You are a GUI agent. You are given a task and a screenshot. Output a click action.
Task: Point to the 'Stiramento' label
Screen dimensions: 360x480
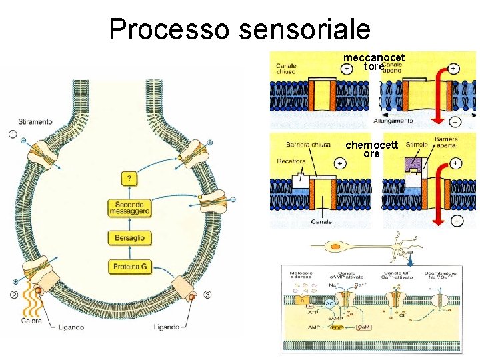36,123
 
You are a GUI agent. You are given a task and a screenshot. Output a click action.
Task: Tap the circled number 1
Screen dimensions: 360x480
13,135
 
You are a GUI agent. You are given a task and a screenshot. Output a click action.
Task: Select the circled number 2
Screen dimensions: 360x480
13,294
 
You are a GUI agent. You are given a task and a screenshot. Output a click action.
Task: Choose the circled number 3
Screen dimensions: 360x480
208,294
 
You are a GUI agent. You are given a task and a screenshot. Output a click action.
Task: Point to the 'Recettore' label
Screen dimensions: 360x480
291,161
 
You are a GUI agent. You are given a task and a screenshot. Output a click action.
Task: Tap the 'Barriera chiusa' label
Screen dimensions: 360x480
308,145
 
